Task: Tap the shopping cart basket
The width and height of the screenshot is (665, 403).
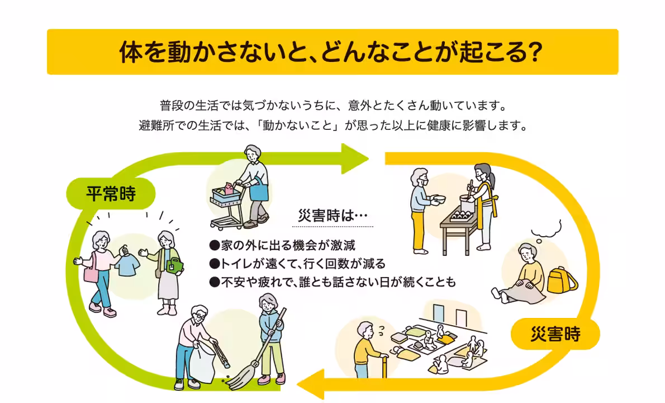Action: click(x=226, y=196)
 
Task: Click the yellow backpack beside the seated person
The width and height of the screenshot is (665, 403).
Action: click(x=562, y=279)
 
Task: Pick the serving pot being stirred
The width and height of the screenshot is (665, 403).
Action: click(x=467, y=207)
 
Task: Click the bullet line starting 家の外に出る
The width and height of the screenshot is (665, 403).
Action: click(x=282, y=246)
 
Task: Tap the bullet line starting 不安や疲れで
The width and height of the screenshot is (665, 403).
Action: click(x=332, y=282)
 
